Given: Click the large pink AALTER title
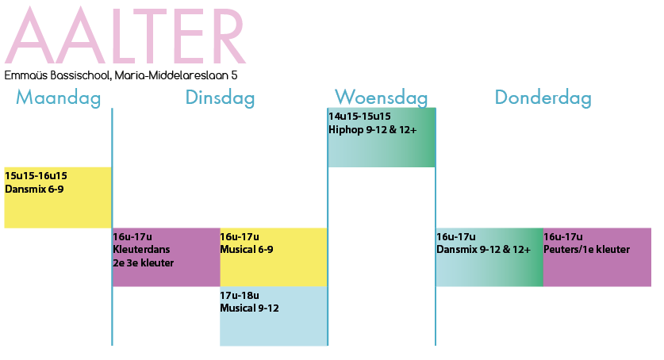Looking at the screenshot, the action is pos(125,35).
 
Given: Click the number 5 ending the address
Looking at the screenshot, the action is pos(234,75).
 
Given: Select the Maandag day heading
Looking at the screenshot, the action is pos(59,98).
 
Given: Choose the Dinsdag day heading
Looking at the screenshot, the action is pos(220,98).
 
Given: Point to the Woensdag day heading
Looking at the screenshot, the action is pos(381,98).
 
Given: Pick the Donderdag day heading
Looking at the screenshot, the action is pos(543,98).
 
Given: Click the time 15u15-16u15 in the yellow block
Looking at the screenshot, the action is pos(36,175).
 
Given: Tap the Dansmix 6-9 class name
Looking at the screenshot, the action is pos(34,189).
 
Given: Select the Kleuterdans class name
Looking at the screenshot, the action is pos(141,249).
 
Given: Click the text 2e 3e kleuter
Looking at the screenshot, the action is pos(144,262).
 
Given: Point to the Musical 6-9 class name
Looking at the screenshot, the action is pos(247,249).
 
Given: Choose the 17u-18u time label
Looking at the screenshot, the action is pos(240,295).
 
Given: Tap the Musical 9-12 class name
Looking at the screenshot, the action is pos(249,308).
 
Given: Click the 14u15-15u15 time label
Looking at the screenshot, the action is pos(359,117).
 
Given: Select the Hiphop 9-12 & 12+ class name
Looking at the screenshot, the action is pos(373,129).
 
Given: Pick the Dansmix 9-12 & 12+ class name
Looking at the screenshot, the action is pos(483,249).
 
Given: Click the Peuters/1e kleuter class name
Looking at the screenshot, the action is pos(586,249).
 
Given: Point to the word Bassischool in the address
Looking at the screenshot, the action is pos(81,75).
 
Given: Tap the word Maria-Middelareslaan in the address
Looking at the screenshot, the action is pos(171,75).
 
